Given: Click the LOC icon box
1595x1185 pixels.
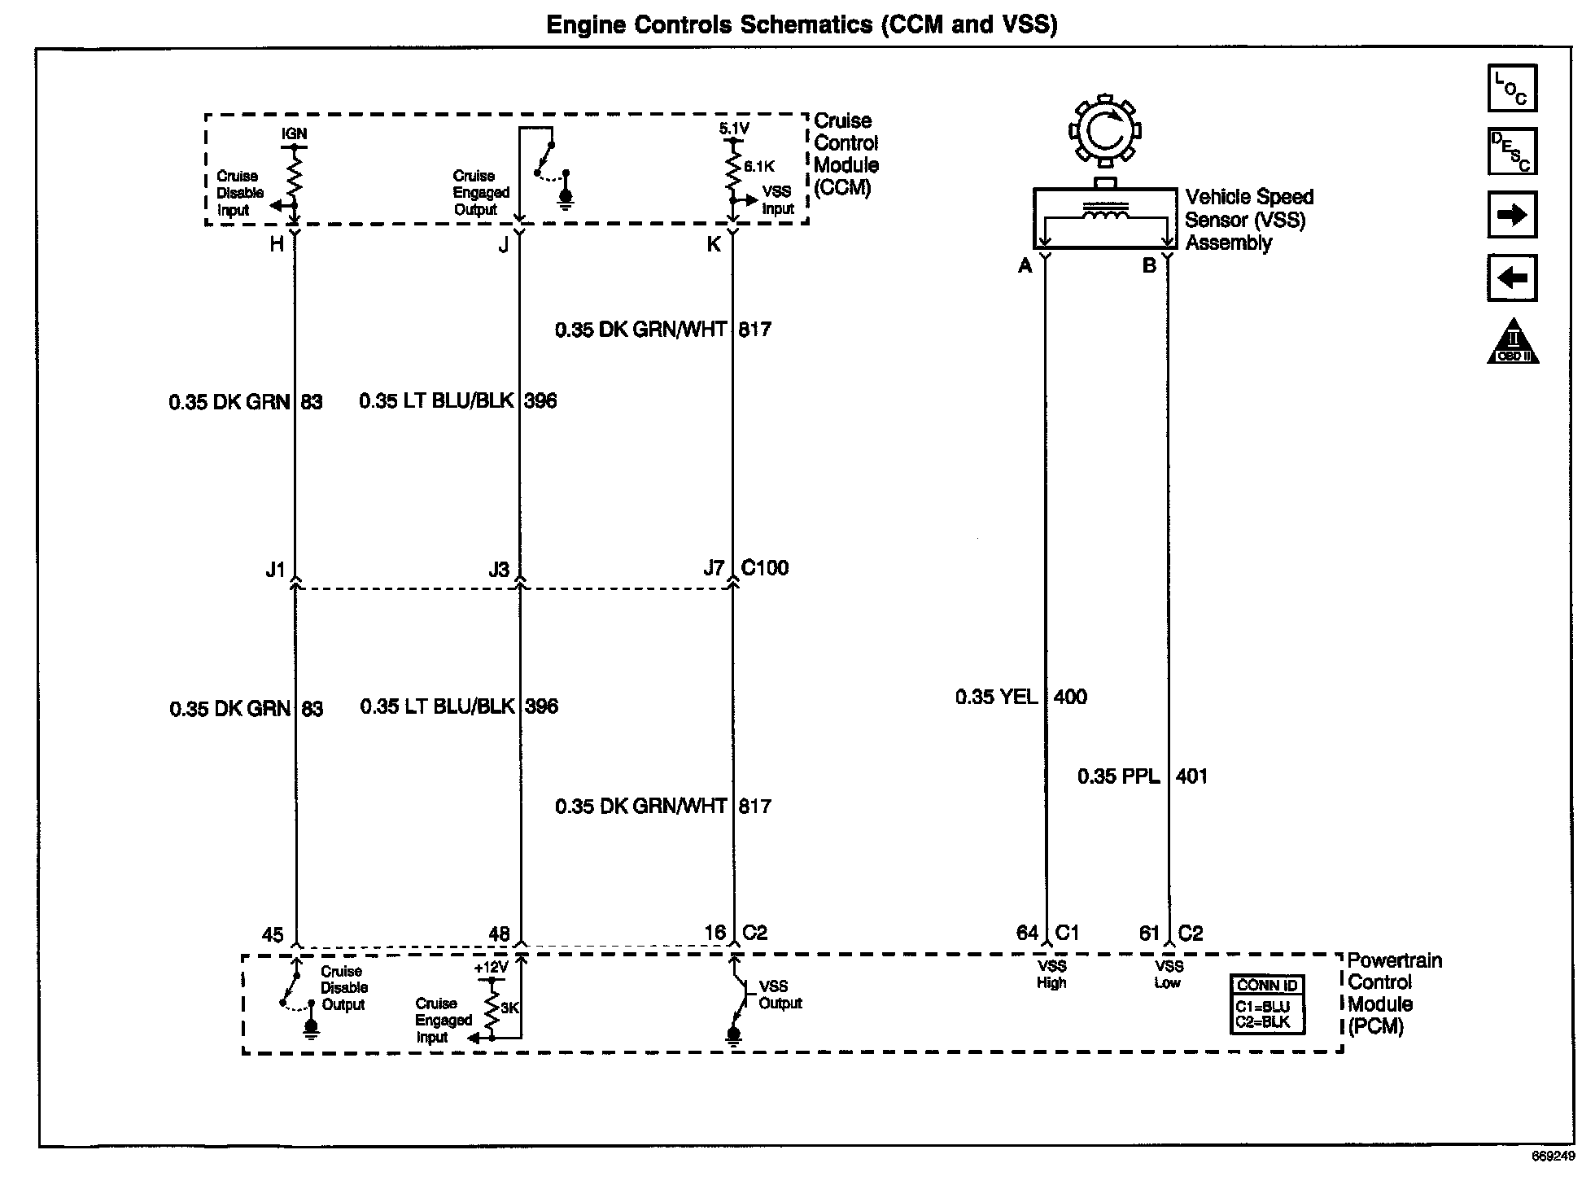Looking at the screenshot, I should [1512, 88].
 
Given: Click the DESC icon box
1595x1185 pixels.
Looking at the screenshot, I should [1512, 151].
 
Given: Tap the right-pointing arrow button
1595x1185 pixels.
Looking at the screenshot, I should [1512, 215].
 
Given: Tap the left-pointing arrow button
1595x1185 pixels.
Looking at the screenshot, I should [1512, 278].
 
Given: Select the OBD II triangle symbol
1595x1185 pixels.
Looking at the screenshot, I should [1513, 343].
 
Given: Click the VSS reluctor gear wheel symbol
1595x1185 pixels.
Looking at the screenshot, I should [1104, 130].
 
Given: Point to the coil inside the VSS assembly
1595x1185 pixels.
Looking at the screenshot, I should [1104, 211].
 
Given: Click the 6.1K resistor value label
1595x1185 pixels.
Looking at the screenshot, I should [758, 167].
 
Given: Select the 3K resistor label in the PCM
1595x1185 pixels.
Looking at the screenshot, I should [509, 1008].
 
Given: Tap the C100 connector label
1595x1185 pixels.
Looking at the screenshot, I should [765, 568].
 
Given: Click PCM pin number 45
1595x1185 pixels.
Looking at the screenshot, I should [273, 934].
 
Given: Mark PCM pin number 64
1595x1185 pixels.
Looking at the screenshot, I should [1027, 933].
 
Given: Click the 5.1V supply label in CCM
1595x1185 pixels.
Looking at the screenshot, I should [734, 129].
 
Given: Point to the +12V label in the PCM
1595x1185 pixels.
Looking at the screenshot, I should [491, 969].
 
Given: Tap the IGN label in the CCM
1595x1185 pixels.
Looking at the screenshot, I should [295, 133].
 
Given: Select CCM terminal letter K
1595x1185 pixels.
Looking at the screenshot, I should [714, 244].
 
